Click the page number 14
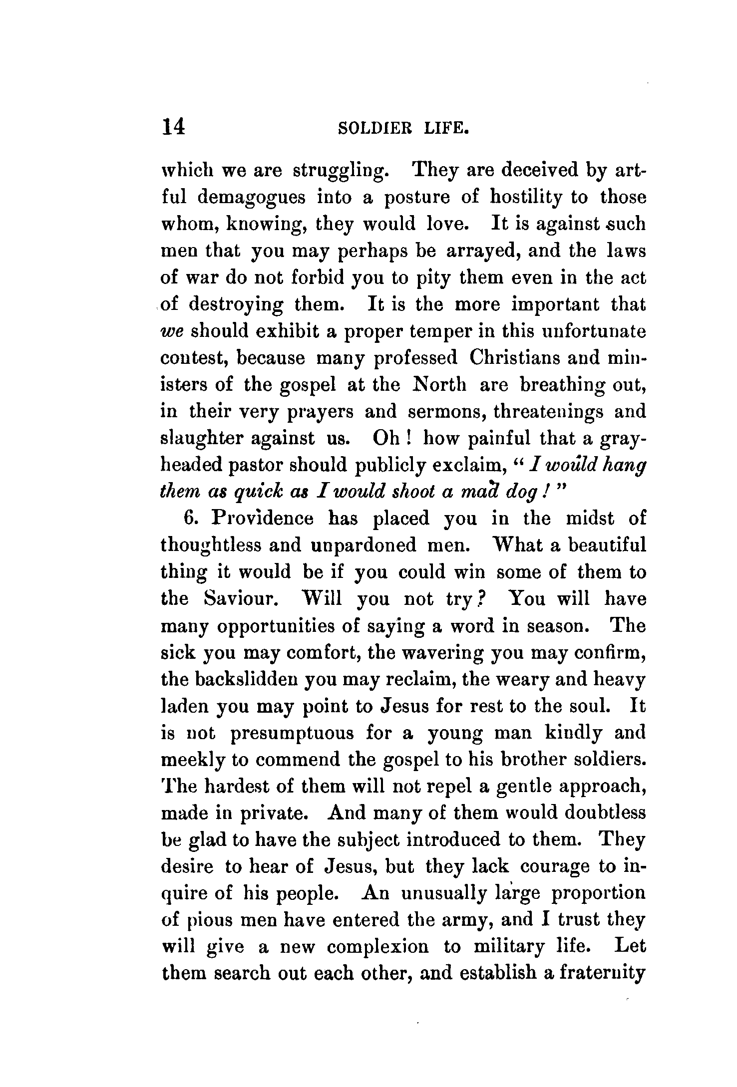[173, 127]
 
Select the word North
[440, 385]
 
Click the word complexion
[378, 947]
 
